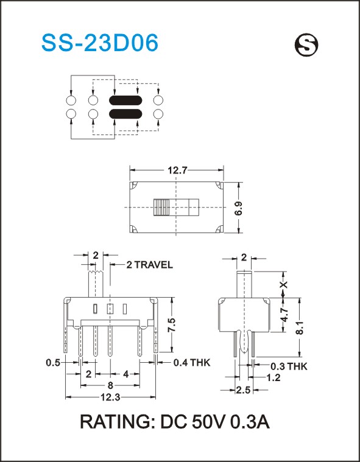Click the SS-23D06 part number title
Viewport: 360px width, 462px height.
100,43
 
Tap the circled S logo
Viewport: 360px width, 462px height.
306,45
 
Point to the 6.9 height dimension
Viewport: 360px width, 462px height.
239,208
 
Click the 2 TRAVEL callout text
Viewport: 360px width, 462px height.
149,265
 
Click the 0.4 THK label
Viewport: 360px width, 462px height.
192,362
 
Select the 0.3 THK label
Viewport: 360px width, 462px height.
289,366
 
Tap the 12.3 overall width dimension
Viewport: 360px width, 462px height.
110,397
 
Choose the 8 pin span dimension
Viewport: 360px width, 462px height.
110,385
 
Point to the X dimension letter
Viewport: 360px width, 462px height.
284,285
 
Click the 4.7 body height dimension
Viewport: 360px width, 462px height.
284,315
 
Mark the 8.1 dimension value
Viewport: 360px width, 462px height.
300,327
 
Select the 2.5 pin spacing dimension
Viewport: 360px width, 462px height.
243,390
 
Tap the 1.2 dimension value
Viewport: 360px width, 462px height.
273,377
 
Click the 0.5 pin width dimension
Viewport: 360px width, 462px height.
54,362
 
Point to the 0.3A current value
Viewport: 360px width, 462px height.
250,422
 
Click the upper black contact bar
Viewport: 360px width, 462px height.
125,100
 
